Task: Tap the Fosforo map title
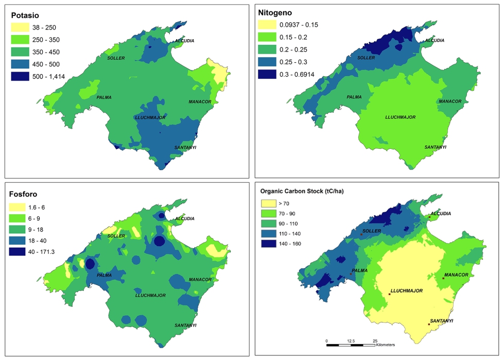27,194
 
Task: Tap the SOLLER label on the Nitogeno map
366,58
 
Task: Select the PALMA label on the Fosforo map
104,275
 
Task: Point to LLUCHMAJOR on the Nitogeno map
400,117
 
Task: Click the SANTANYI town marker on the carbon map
429,324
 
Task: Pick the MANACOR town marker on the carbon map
443,278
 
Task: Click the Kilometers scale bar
350,345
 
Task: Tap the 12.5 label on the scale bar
351,341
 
